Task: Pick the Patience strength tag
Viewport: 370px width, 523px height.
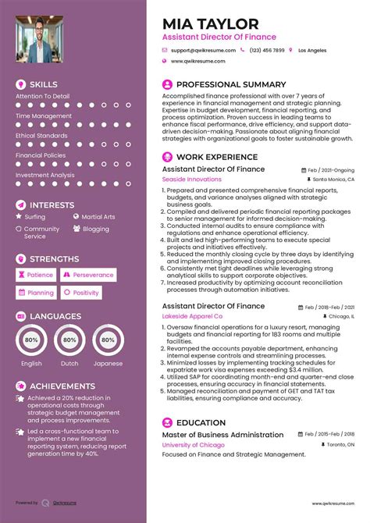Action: (x=36, y=275)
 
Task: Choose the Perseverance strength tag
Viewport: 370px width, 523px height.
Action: (x=90, y=275)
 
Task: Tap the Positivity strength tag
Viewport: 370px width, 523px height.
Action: (x=82, y=293)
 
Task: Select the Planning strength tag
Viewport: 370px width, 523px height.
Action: (x=36, y=293)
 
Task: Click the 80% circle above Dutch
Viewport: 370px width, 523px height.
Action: (x=69, y=340)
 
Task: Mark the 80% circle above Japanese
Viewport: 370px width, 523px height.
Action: (x=108, y=340)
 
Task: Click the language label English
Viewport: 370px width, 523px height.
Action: (x=32, y=364)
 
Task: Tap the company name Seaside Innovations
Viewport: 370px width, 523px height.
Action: (x=191, y=180)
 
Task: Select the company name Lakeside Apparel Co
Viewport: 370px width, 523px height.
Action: (x=192, y=317)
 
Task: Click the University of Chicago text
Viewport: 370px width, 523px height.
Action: (x=194, y=445)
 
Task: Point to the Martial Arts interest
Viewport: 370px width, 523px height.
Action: (x=98, y=217)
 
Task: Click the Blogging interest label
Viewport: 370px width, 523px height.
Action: (x=95, y=229)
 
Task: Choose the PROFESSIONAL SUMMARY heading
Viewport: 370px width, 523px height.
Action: (x=221, y=83)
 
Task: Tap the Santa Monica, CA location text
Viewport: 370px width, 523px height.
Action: (x=336, y=180)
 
